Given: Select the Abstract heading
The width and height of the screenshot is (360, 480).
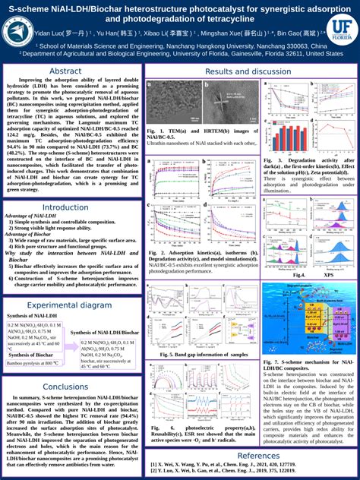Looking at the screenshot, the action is (65, 71).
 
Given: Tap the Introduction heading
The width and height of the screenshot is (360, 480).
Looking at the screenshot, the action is (65, 207).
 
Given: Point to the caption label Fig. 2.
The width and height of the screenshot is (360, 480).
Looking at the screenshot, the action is (156, 251).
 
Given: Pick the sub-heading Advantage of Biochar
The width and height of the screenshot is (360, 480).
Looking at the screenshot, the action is (29, 235).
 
